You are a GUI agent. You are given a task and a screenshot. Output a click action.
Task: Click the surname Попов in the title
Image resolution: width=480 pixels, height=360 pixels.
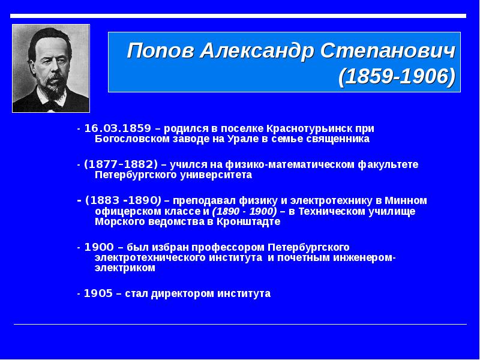point(161,50)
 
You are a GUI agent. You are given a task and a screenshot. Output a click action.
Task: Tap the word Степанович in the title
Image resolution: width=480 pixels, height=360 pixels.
point(388,50)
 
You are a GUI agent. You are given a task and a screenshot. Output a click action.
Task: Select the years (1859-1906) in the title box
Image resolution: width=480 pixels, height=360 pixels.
point(397,77)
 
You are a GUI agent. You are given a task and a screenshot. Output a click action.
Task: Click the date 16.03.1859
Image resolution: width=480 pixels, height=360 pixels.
point(118,128)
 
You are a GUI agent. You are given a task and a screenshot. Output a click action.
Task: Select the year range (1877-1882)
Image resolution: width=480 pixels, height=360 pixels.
point(121,164)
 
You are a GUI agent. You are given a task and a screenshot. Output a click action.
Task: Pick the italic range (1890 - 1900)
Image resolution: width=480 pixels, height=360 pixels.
point(244,212)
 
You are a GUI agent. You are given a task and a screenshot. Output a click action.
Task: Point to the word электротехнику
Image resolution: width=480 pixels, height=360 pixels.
point(332,201)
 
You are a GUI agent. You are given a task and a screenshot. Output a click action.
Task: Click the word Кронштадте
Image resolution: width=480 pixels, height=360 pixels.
point(248,221)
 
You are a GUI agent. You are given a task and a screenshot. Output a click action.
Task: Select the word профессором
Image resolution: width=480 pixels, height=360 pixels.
point(229,247)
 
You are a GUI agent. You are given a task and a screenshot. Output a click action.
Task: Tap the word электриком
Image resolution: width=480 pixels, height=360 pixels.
point(125,268)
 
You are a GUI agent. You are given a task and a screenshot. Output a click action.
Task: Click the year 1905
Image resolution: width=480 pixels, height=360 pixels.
point(98,293)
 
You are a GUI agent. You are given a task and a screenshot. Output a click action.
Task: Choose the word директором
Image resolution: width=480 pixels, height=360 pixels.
point(183,294)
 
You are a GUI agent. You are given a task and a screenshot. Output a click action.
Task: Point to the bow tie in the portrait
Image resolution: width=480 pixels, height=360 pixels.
point(53,106)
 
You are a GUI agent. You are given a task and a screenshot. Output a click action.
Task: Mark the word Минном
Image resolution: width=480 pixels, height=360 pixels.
point(406,201)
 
